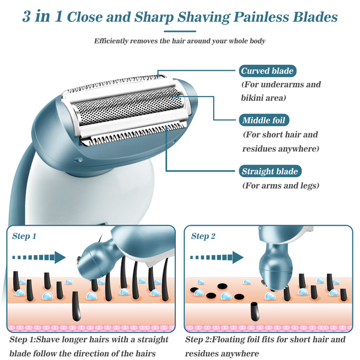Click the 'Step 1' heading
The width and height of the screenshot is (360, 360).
coord(25,236)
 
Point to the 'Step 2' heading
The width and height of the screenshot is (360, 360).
coord(204,236)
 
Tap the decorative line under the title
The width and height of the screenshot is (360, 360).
coord(179,30)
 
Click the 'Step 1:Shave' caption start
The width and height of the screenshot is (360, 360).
coord(36,340)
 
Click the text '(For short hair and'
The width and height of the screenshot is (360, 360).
coord(280,135)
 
